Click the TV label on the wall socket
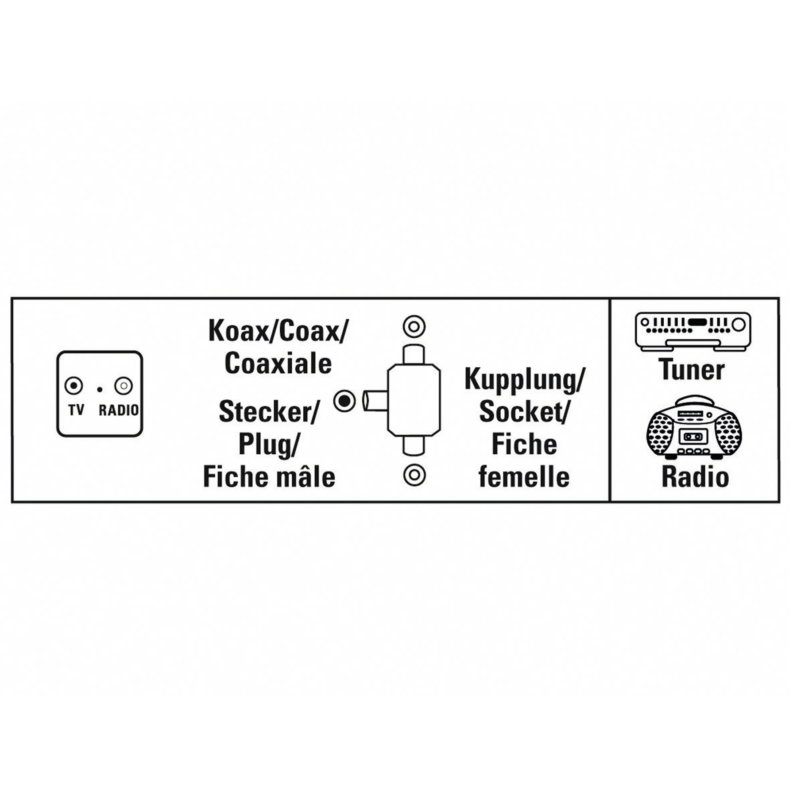(x=76, y=410)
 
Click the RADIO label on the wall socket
(x=119, y=410)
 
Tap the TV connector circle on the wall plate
(x=74, y=386)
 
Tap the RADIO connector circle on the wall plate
(x=124, y=386)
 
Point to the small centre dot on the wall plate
(x=100, y=390)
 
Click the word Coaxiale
(x=278, y=364)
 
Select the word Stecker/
(x=269, y=412)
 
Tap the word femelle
(x=524, y=477)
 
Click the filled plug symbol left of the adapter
(x=344, y=401)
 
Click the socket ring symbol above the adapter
(x=414, y=327)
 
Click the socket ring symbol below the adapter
(x=414, y=475)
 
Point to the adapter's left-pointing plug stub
(x=375, y=401)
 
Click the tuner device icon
(x=693, y=330)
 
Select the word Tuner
(x=692, y=369)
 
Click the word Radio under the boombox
(x=695, y=477)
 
